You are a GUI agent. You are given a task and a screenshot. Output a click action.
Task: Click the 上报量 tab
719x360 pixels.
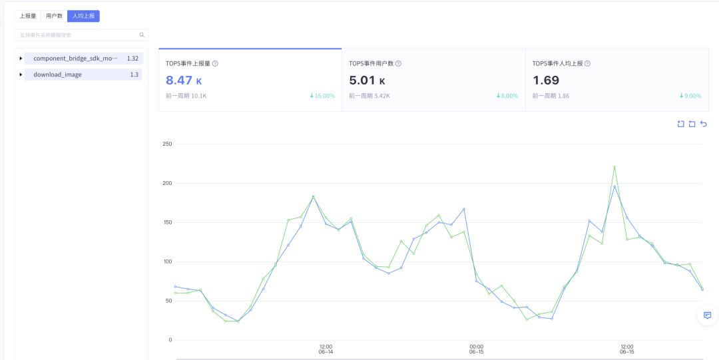pos(28,16)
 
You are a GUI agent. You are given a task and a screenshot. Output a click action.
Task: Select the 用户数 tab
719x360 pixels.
pos(54,16)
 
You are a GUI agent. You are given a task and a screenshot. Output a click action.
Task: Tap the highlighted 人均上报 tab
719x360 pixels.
pos(83,16)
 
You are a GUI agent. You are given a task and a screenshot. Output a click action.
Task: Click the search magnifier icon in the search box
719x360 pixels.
pos(142,35)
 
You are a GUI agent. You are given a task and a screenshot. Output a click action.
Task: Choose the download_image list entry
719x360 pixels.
pos(58,75)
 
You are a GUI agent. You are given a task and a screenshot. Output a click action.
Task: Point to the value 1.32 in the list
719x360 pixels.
pos(132,59)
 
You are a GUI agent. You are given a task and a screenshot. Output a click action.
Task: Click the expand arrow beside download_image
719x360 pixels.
pos(21,75)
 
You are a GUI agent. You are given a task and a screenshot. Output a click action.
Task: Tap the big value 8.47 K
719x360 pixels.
pos(184,81)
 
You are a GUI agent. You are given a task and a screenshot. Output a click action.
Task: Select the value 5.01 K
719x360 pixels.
pos(367,81)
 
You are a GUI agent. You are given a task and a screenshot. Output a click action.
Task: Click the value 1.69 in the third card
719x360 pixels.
pos(546,81)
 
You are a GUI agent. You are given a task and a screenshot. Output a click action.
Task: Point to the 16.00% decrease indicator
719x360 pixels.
pos(322,96)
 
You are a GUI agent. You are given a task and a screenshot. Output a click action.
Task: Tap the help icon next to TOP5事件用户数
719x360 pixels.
pos(398,64)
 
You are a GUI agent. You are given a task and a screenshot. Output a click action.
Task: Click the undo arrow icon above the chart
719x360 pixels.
pos(703,124)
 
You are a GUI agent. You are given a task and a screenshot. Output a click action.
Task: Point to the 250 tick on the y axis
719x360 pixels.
pos(167,144)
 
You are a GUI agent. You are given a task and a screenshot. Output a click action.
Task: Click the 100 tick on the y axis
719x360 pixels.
pos(167,262)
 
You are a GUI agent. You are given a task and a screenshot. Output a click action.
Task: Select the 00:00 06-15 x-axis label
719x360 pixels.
pos(476,349)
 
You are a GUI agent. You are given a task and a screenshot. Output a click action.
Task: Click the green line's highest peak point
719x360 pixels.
pos(614,167)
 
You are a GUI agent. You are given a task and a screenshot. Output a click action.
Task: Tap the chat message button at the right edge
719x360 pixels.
pos(707,315)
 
